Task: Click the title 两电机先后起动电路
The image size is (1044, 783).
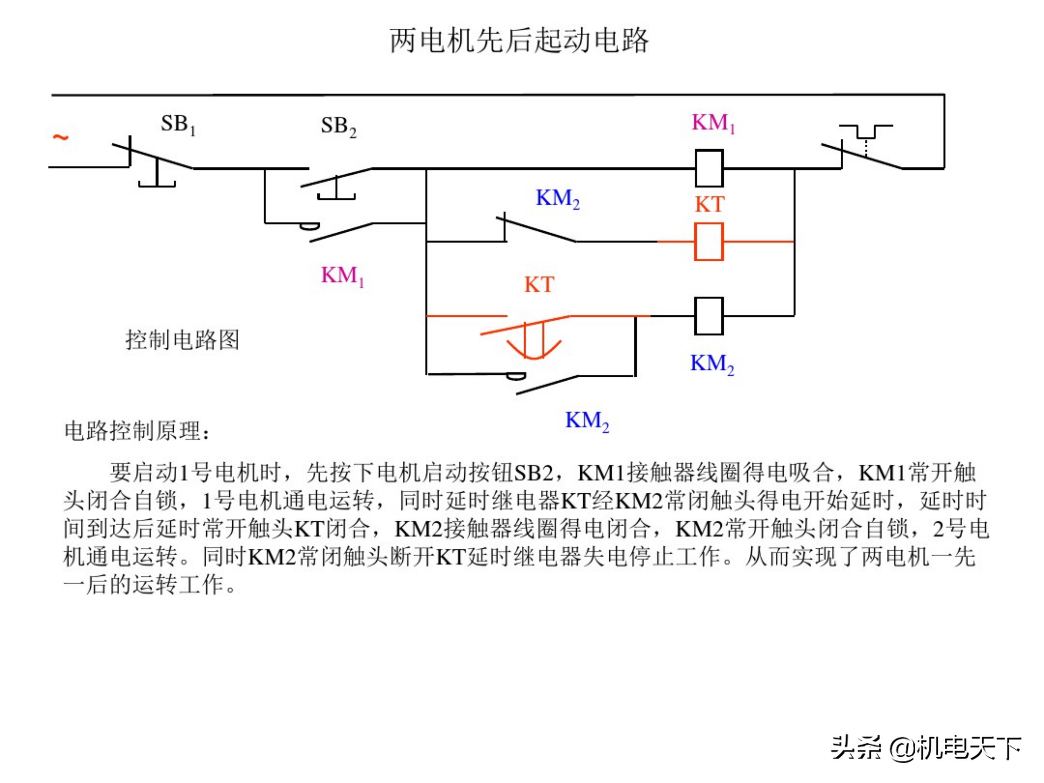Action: click(519, 41)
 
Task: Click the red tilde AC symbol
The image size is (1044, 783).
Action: click(61, 137)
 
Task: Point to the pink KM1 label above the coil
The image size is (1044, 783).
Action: click(713, 123)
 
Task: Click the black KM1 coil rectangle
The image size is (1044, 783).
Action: click(709, 168)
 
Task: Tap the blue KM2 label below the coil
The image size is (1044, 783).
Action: click(712, 364)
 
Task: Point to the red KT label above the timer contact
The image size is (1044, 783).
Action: click(539, 285)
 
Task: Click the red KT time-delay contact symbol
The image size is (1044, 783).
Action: click(533, 335)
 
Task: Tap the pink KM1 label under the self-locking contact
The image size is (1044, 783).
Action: click(342, 275)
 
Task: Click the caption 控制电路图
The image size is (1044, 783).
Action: click(182, 340)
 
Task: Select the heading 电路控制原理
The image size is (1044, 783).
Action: click(137, 430)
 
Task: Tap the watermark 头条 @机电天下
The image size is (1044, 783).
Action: click(925, 748)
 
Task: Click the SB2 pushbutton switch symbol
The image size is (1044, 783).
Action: click(336, 182)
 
